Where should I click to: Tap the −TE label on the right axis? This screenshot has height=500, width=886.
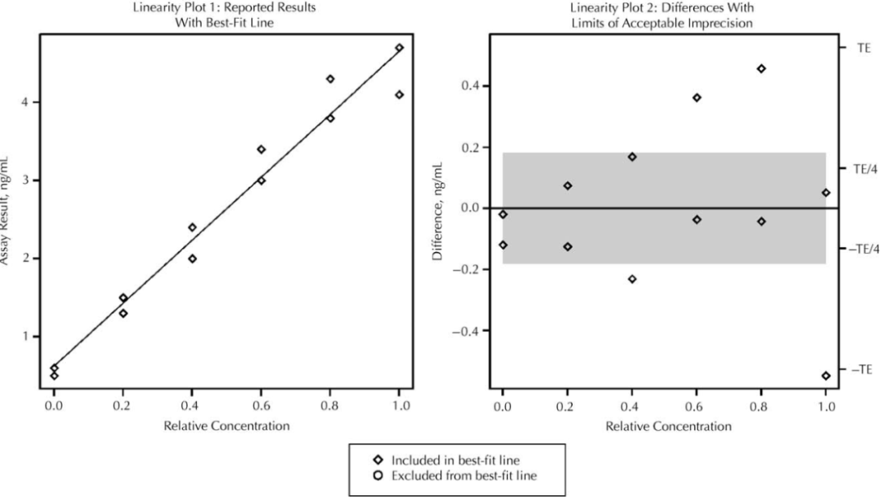point(864,369)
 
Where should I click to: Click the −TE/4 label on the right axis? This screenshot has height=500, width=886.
point(865,249)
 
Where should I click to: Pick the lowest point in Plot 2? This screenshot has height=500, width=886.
point(825,376)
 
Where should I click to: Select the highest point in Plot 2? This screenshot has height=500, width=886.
point(761,69)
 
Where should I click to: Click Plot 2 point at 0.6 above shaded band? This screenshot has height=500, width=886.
point(696,98)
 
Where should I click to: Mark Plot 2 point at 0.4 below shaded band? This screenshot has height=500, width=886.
point(632,279)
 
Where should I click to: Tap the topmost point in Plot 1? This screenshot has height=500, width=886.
point(400,48)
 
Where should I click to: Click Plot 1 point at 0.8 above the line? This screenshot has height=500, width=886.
point(330,79)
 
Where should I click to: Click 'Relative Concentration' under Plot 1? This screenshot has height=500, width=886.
point(226,426)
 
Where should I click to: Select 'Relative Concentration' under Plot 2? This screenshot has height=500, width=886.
point(668,426)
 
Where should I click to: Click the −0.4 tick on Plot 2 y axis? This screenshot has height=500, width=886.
point(468,331)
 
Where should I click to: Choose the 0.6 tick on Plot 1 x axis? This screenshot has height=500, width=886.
point(261,405)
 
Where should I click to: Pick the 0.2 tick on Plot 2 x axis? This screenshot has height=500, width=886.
point(568,405)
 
